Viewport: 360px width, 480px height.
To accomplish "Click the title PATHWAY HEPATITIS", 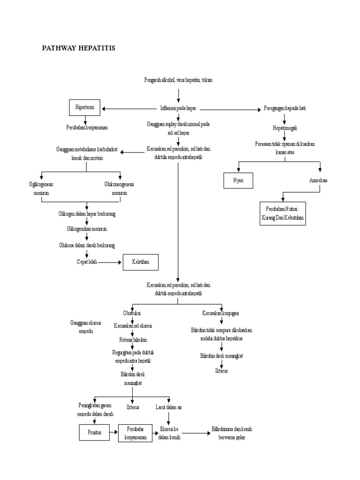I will point(79,48).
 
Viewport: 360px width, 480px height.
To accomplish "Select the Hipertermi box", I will point(85,108).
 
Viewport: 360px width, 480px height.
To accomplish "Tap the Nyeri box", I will point(238,180).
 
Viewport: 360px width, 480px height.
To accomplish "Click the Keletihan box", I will point(141,262).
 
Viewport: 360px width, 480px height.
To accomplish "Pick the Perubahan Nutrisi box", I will point(283,214).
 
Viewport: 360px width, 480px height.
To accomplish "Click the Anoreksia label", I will point(318,180).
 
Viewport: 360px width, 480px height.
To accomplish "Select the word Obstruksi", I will point(132,313).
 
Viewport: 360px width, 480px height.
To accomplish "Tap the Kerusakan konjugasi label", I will point(221,313).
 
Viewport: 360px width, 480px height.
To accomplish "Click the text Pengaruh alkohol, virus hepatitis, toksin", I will point(178,80).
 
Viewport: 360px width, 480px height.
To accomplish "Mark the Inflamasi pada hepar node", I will point(178,108).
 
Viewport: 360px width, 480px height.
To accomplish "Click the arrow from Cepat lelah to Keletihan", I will point(111,262).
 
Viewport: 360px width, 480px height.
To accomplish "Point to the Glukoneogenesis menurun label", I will point(119,188).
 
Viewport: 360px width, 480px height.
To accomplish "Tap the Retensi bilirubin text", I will point(133,339).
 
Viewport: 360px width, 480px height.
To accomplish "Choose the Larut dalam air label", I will point(169,407).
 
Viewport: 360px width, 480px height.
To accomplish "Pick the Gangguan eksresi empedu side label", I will point(82,327).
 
